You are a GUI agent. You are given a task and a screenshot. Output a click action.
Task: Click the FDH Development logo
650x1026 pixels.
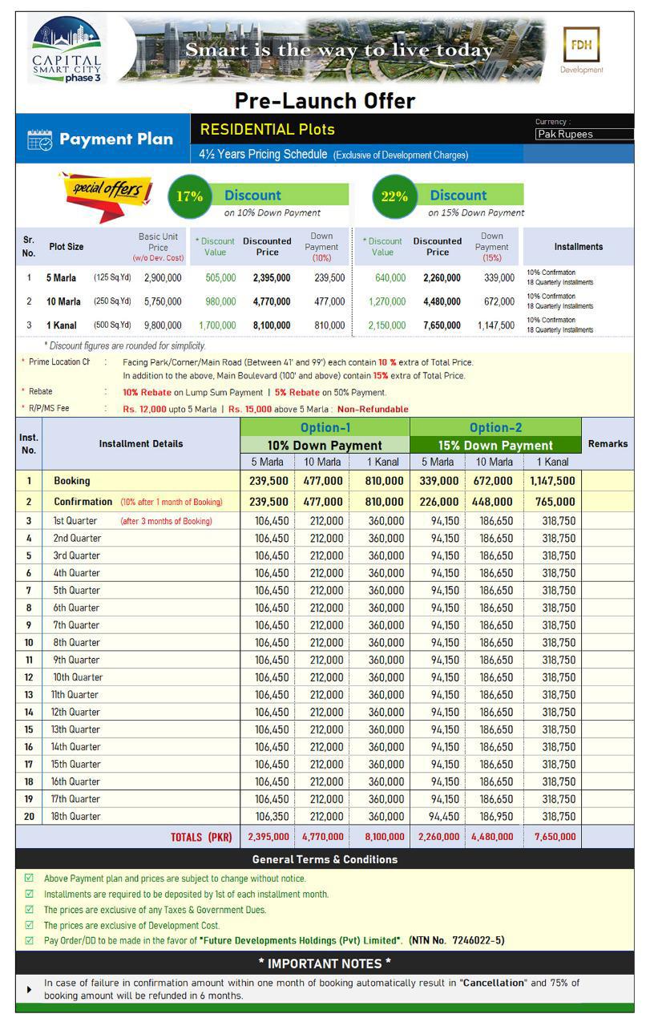click(x=582, y=50)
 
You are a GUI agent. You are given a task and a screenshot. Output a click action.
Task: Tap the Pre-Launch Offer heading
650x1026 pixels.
click(x=325, y=101)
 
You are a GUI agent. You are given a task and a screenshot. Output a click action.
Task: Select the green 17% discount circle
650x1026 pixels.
click(x=190, y=196)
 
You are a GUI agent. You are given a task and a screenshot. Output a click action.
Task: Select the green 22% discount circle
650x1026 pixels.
click(x=394, y=196)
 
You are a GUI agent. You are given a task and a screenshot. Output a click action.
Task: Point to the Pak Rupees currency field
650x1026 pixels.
click(x=583, y=135)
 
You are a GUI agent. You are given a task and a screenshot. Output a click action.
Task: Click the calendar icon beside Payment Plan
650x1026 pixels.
click(x=39, y=140)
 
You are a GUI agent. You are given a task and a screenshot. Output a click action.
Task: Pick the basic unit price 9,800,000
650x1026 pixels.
click(x=163, y=325)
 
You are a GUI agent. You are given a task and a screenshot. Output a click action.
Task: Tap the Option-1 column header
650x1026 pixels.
click(x=325, y=427)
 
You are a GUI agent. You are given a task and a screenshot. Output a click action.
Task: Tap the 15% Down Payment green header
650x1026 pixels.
click(x=495, y=445)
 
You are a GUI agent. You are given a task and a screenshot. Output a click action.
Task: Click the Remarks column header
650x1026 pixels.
click(x=608, y=443)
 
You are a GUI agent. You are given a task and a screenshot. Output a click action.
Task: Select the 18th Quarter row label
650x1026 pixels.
click(x=77, y=816)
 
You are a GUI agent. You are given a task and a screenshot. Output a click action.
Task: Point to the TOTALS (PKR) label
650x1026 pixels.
click(x=200, y=837)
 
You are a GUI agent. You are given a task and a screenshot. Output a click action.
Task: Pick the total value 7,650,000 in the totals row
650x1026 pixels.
click(x=551, y=837)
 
